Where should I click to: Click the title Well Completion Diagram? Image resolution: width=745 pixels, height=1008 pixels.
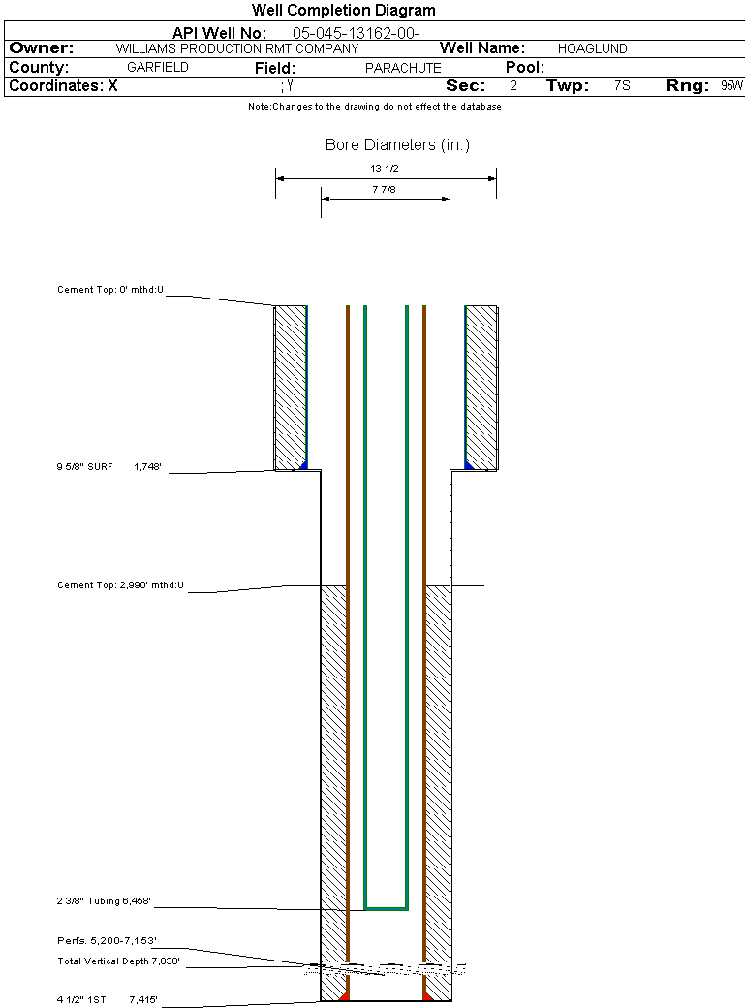[343, 10]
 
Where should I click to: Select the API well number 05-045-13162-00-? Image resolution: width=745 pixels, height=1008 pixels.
[357, 33]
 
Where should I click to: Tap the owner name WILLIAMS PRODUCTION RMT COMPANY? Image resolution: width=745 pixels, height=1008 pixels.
[237, 48]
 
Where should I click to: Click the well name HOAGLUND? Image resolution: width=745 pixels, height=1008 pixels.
[592, 48]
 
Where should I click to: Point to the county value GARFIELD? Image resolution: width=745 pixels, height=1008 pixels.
[158, 67]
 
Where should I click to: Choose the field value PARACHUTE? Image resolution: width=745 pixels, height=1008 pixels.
[403, 68]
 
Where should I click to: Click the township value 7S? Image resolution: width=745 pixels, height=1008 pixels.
[622, 85]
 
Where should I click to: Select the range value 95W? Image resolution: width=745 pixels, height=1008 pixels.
[731, 85]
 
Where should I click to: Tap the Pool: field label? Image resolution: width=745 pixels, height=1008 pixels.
[524, 68]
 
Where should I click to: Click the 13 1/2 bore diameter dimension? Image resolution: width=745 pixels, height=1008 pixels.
[385, 169]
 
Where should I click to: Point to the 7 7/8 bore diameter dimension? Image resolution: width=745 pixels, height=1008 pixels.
[384, 190]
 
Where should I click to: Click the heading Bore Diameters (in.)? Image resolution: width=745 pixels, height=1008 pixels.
[397, 144]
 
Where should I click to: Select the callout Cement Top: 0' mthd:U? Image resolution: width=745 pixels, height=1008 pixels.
[110, 290]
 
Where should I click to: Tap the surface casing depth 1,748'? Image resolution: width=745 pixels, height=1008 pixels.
[147, 467]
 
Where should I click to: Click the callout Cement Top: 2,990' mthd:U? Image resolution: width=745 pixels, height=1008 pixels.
[120, 585]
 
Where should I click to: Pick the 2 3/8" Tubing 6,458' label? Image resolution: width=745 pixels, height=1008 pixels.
[104, 901]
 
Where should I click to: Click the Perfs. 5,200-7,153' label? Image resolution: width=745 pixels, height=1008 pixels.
[107, 940]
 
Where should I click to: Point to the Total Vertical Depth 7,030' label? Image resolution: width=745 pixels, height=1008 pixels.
[118, 961]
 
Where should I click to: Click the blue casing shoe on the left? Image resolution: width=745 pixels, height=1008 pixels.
[303, 465]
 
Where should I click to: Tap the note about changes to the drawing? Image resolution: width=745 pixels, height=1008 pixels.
[375, 107]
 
